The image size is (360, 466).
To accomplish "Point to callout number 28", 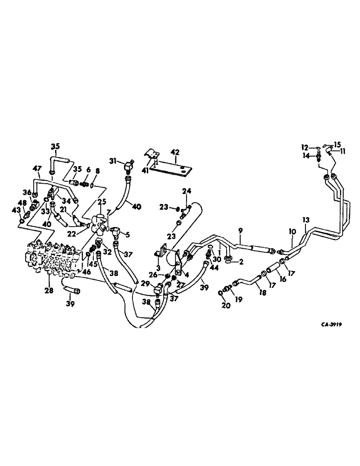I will (48, 291).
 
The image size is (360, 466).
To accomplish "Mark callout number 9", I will (241, 230).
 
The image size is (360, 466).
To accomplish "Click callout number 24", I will (187, 191).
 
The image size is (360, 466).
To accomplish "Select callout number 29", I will (145, 284).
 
